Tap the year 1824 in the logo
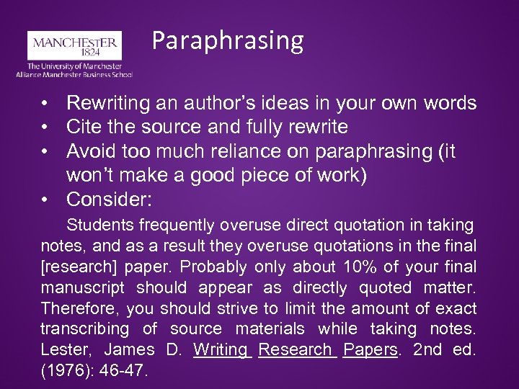pyautogui.click(x=74, y=53)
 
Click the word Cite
pyautogui.click(x=83, y=128)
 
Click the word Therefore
pyautogui.click(x=80, y=309)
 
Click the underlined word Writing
pyautogui.click(x=221, y=350)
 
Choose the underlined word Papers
pyautogui.click(x=371, y=350)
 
